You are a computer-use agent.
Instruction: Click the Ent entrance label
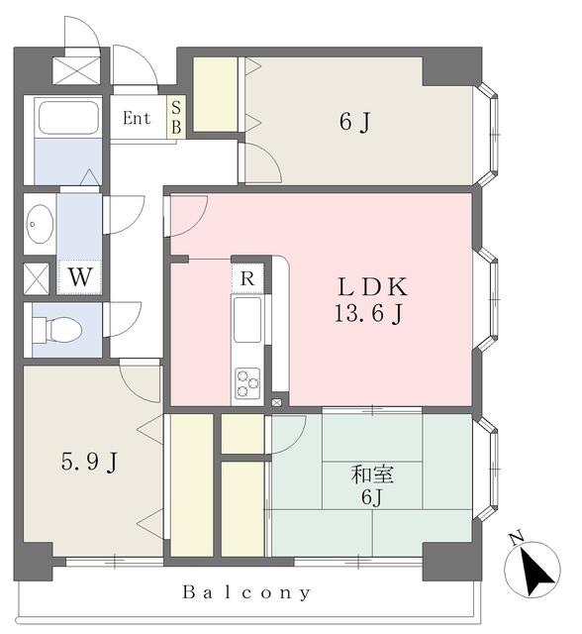pos(137,118)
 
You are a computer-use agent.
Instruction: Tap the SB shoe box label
pos(176,117)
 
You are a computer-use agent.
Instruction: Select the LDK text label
pos(372,286)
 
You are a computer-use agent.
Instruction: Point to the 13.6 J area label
pos(368,314)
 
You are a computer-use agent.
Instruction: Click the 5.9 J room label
pos(89,462)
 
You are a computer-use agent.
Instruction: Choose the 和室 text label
pos(372,475)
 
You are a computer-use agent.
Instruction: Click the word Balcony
pos(246,592)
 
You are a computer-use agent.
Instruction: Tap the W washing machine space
pos(79,277)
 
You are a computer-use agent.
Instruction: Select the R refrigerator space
pos(247,278)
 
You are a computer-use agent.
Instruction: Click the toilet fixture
pos(57,329)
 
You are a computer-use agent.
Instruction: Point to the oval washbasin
pos(40,224)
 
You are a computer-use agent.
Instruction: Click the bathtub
pos(68,118)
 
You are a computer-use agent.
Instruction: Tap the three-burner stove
pos(247,382)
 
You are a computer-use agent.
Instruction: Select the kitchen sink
pos(247,320)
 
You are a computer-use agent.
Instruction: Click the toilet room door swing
pos(122,319)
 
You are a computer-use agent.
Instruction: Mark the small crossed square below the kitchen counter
pos(277,402)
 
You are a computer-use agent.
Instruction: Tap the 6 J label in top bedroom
pos(355,122)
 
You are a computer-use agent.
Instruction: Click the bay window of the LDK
pos(487,299)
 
